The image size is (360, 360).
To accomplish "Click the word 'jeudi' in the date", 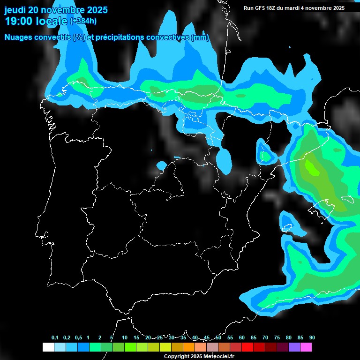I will click(x=16, y=10).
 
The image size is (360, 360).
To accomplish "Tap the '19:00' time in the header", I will click(x=18, y=22).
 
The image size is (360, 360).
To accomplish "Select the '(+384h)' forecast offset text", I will click(x=83, y=21).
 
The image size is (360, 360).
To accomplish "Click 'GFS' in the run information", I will click(x=261, y=8).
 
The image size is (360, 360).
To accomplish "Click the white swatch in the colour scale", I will click(x=48, y=347).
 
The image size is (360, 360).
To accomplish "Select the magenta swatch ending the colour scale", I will click(x=306, y=347).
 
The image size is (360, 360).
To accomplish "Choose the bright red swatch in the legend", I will click(x=247, y=347).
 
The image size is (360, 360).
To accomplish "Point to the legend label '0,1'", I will click(x=55, y=338).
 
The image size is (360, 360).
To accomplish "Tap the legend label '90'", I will click(x=312, y=338).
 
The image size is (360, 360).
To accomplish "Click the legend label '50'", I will click(x=218, y=338).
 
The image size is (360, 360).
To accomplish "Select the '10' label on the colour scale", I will click(x=125, y=338).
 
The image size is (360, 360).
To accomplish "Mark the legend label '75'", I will click(x=277, y=338).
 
